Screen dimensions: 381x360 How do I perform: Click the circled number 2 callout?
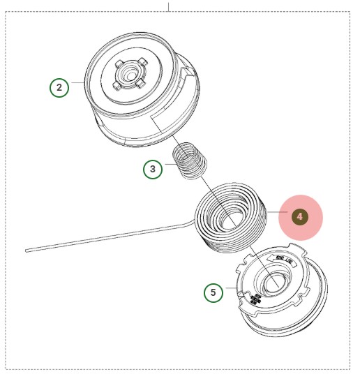tap(59, 87)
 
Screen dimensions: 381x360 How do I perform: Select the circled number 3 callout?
tap(153, 168)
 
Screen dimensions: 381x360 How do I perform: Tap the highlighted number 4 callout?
tap(300, 216)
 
